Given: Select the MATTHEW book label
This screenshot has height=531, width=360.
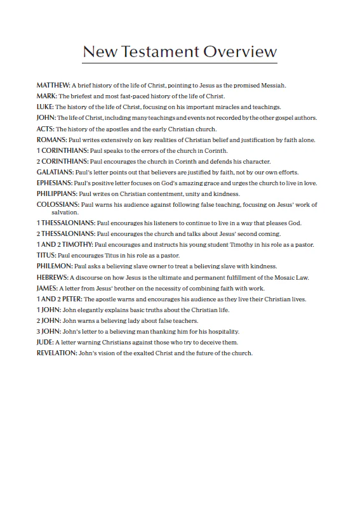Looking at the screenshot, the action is (x=53, y=85).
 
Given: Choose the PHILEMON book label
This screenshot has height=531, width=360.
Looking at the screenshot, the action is (x=55, y=266).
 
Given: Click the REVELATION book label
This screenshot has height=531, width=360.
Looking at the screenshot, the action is (x=57, y=353).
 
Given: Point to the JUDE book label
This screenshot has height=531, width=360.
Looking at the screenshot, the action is (x=45, y=342).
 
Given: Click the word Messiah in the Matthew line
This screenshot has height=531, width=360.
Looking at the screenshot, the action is (x=272, y=85).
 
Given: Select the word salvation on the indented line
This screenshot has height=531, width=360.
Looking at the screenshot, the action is (x=66, y=213).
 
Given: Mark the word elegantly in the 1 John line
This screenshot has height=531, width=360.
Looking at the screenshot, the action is (x=89, y=310).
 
